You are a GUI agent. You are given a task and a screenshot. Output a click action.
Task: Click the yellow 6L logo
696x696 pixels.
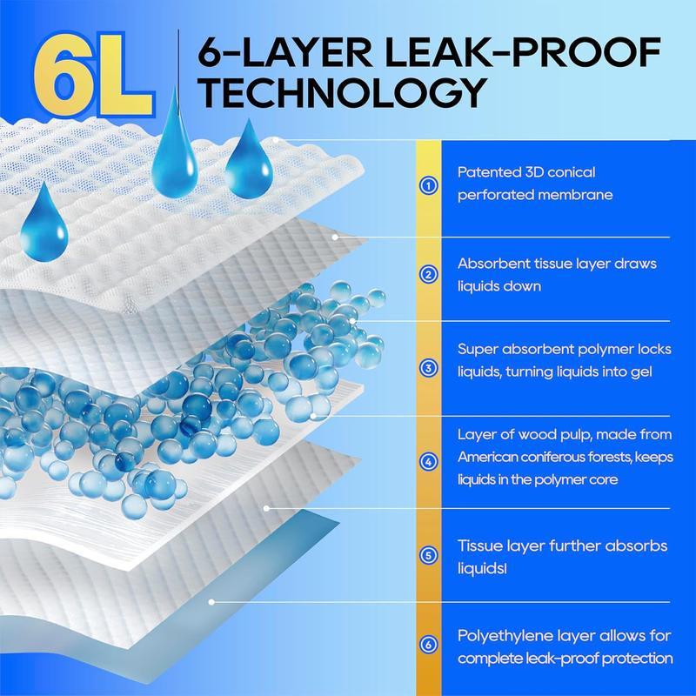click(94, 74)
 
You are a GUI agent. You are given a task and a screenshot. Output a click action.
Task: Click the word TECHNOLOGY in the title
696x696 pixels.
click(342, 93)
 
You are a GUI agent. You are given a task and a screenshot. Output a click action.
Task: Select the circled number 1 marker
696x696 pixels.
click(428, 185)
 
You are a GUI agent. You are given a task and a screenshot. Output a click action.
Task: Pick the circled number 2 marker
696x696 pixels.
click(428, 274)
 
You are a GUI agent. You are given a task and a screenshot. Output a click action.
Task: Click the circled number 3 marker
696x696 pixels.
click(428, 368)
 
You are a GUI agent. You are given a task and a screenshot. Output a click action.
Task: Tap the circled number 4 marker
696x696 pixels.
click(428, 462)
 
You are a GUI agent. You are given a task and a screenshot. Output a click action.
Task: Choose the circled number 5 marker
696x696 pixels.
click(428, 555)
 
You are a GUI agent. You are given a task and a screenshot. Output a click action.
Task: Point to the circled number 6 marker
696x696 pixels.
click(428, 644)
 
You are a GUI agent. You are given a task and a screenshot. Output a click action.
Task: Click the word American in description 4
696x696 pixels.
click(487, 457)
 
